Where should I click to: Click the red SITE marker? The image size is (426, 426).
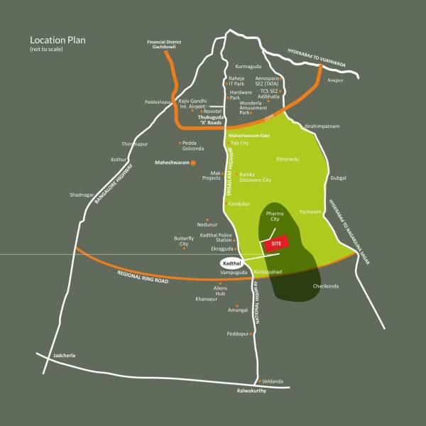(x=277, y=242)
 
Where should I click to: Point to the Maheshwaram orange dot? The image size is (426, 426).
(x=192, y=163)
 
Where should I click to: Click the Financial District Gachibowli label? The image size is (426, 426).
(x=165, y=45)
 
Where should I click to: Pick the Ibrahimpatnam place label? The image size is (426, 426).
(x=322, y=126)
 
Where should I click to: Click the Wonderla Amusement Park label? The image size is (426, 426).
(x=255, y=107)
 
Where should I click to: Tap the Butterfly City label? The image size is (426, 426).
(x=184, y=241)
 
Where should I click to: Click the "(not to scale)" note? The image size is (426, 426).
(x=47, y=51)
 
